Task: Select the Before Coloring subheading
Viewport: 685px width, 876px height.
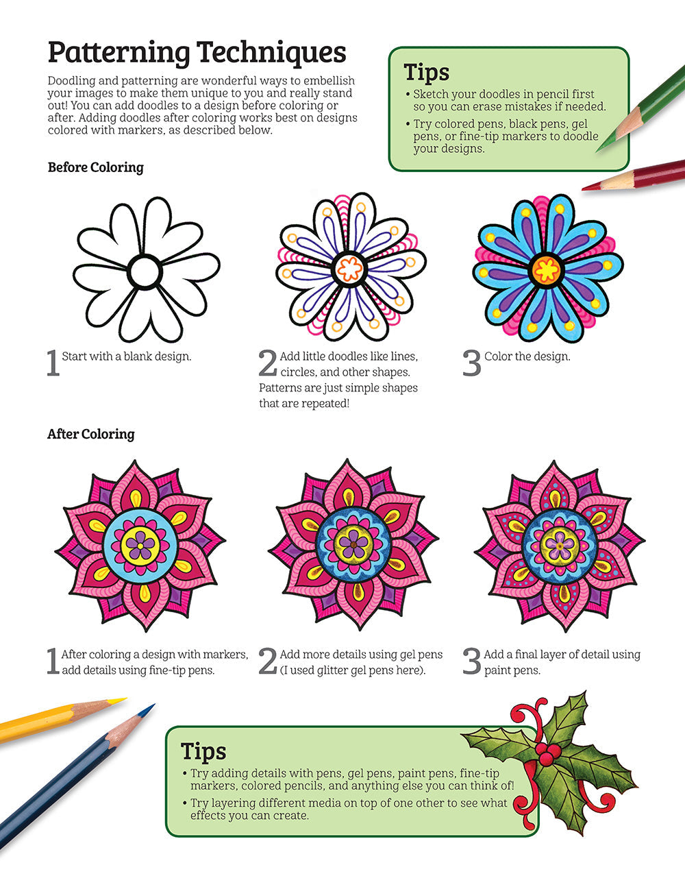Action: pos(95,167)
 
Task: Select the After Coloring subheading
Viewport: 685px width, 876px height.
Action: pos(90,434)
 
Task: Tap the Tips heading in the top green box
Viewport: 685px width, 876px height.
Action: pos(426,72)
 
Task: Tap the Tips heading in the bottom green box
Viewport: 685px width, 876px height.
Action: pos(203,751)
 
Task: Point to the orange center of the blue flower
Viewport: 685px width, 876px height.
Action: pos(547,269)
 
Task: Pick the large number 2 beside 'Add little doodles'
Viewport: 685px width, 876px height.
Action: pos(268,363)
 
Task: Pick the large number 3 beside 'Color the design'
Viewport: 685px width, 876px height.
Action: pos(472,363)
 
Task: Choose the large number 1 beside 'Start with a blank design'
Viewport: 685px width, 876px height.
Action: pos(53,363)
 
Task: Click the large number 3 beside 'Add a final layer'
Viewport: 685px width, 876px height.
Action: pos(472,661)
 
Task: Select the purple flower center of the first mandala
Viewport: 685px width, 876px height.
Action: pos(140,545)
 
